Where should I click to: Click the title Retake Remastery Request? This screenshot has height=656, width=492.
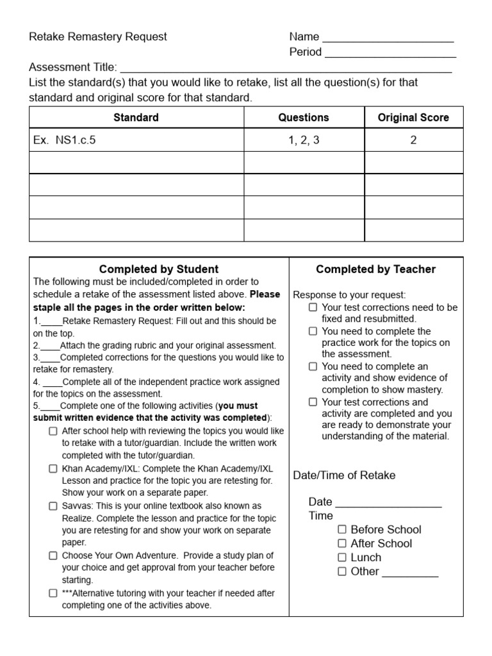click(97, 37)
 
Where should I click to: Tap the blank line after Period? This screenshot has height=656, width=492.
click(389, 55)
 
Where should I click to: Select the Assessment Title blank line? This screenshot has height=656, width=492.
click(286, 70)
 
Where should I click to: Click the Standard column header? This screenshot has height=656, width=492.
click(136, 117)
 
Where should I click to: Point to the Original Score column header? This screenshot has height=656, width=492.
click(413, 117)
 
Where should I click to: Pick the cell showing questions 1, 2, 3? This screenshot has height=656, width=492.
click(304, 140)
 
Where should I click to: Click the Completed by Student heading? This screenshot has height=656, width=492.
click(158, 269)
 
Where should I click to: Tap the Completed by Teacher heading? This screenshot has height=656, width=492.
click(375, 269)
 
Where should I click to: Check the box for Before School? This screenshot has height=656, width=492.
click(342, 529)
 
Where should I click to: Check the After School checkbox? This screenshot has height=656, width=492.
click(342, 543)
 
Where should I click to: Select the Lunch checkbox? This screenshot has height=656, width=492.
click(342, 557)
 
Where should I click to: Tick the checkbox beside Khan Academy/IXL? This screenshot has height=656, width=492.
click(53, 468)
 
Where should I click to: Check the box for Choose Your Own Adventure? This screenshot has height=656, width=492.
click(53, 555)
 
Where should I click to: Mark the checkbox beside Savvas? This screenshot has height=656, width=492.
click(53, 506)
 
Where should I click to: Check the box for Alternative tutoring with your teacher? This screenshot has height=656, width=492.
click(53, 593)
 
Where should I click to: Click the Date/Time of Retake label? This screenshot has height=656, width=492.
click(344, 475)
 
